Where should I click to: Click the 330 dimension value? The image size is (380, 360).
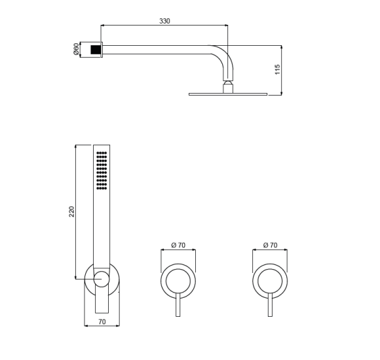(164, 21)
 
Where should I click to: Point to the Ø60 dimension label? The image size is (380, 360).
(76, 49)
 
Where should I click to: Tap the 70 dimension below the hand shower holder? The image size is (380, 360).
(102, 321)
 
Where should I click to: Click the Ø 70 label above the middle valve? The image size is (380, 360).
(178, 245)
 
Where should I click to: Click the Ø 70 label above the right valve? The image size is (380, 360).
(270, 245)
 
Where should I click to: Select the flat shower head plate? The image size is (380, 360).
(228, 94)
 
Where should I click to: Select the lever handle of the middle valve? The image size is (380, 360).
(178, 306)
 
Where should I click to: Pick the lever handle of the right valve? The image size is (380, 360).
(270, 306)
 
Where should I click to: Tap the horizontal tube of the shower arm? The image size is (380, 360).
(157, 46)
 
